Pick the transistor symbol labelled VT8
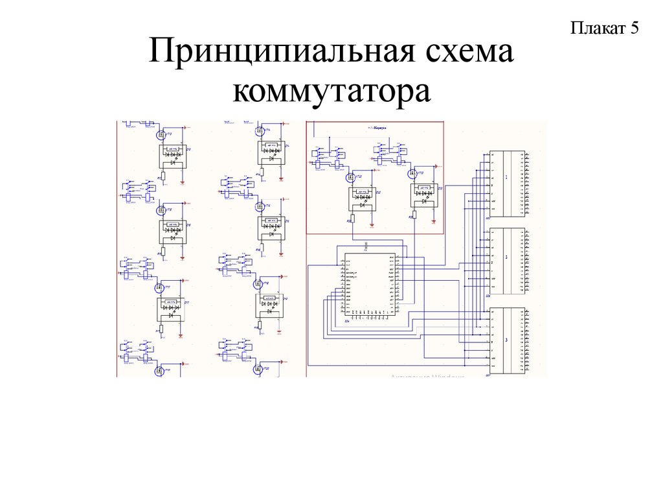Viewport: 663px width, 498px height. [x=161, y=211]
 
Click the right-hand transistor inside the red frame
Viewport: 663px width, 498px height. [x=412, y=174]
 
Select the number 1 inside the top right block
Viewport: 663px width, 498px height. [x=506, y=176]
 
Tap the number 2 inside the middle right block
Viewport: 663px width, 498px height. [x=506, y=257]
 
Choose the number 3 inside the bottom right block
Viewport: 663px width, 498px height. [x=506, y=340]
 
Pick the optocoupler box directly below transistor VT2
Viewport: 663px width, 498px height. [x=173, y=156]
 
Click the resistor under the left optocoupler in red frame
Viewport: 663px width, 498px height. [x=352, y=219]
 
